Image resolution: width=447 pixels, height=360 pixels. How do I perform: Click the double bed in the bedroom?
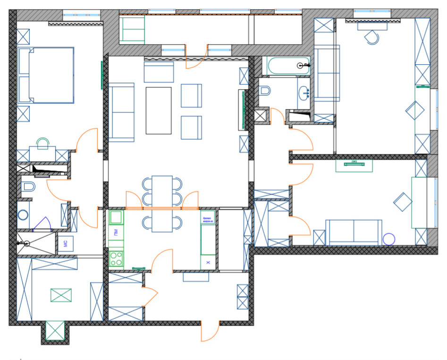click(x=46, y=75)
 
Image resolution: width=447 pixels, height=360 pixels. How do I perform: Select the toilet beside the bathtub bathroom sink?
click(x=265, y=89)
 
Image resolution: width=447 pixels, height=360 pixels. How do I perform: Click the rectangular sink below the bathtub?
click(x=304, y=93)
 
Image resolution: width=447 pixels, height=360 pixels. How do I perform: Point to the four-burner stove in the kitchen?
click(x=116, y=258)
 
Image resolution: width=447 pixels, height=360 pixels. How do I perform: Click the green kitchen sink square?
click(x=116, y=217)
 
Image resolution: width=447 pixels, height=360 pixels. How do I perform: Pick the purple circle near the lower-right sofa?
click(x=388, y=239)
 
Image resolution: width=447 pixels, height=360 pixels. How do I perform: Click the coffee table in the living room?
click(x=159, y=110)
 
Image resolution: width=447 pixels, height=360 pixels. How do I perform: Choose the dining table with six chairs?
click(x=162, y=203)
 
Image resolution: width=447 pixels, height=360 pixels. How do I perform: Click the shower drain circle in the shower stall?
click(x=27, y=243)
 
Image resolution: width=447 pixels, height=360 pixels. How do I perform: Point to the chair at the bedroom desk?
click(x=43, y=143)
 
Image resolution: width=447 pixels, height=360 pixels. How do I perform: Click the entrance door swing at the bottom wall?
click(x=210, y=331)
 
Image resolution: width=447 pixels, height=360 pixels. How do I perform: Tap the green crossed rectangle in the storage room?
click(x=61, y=295)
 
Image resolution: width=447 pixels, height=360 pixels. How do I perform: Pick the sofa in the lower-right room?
click(x=354, y=232)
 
